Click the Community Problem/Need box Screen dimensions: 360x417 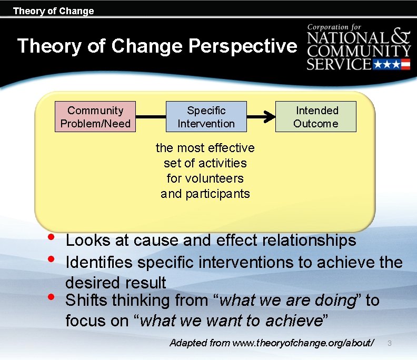pos(95,117)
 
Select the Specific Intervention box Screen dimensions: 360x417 pos(206,117)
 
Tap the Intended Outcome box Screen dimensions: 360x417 pos(316,117)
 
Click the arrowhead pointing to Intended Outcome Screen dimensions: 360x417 pos(270,117)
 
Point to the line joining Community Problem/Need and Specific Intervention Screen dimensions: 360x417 pos(151,117)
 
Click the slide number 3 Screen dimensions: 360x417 pos(390,343)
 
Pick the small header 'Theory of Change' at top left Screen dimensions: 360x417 pos(53,11)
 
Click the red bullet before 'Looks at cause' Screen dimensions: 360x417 pos(51,237)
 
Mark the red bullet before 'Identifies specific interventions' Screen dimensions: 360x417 pos(51,259)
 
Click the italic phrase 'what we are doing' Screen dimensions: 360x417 pos(286,301)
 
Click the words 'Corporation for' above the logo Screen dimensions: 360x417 pos(336,27)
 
